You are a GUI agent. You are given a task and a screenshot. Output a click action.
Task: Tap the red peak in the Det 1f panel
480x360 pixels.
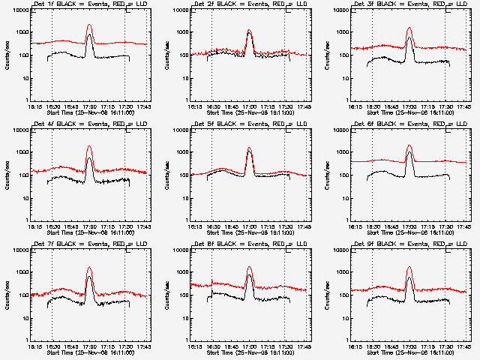(x=89, y=25)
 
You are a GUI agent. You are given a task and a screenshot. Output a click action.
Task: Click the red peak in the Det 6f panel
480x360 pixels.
(x=409, y=145)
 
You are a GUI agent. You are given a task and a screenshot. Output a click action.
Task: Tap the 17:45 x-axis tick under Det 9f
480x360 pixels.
(x=463, y=346)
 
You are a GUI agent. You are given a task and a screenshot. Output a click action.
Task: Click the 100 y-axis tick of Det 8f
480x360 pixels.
(x=182, y=295)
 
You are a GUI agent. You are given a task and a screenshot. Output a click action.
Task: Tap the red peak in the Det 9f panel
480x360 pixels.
(x=409, y=268)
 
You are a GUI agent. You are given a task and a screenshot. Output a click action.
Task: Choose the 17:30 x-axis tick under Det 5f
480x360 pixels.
(x=285, y=226)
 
